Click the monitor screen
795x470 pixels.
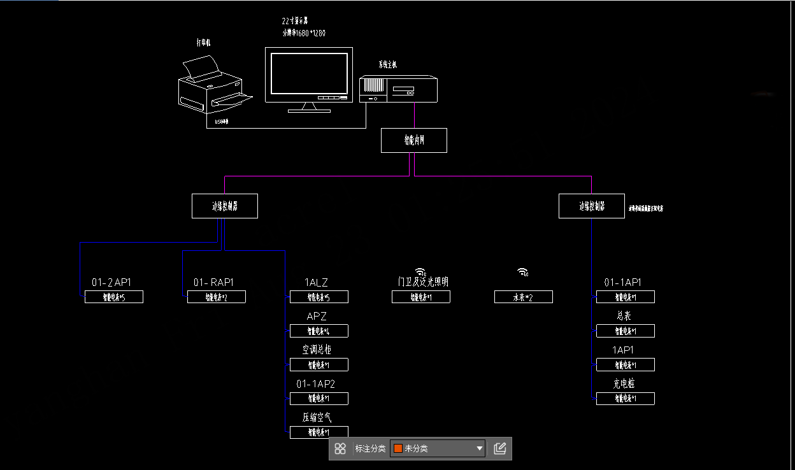coord(309,73)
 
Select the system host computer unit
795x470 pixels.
coord(399,89)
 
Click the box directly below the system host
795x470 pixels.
coord(414,141)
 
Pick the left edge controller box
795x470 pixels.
coord(225,206)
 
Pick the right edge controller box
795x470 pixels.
coord(592,206)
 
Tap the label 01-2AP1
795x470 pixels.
coord(111,282)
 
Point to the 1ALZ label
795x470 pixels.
coord(317,282)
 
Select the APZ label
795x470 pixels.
coord(317,317)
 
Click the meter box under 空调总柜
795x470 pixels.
coord(319,365)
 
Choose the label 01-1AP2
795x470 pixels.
coord(315,384)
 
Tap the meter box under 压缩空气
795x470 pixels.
coord(319,432)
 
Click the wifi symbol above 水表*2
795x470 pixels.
coord(523,273)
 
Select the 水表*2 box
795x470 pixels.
coord(524,297)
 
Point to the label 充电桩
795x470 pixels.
coord(624,384)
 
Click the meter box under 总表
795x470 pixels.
coord(626,331)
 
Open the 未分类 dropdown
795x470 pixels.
coord(438,448)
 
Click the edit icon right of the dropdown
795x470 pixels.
coord(500,448)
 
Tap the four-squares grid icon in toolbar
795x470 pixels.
coord(340,448)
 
